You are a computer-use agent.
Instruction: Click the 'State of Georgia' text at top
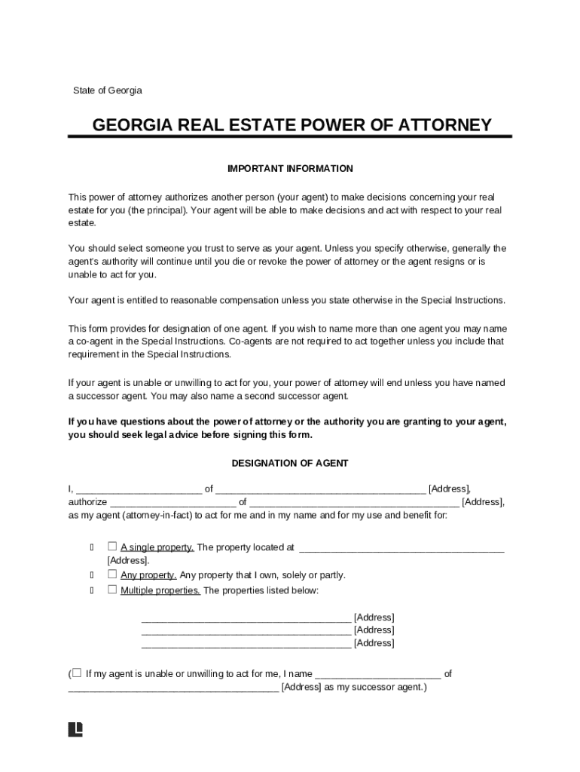tap(107, 90)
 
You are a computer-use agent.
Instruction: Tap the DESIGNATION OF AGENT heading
tap(290, 463)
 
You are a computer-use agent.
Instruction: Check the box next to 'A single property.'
tap(112, 547)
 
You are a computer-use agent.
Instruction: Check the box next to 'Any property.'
tap(112, 574)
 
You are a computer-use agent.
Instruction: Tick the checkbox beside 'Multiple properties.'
tap(112, 590)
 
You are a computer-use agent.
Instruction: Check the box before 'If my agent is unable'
tap(76, 672)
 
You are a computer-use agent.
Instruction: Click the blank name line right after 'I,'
tap(139, 489)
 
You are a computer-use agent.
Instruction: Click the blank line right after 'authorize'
tap(173, 503)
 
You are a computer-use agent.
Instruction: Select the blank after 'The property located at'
tap(401, 548)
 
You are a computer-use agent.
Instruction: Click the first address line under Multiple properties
tap(246, 618)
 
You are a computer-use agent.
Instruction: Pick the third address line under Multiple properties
tap(246, 644)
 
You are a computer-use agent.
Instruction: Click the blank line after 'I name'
tap(377, 675)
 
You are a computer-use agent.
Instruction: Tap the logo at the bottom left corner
tap(75, 729)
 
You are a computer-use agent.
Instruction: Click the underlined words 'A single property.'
tap(157, 547)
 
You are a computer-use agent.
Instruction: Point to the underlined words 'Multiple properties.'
tap(160, 590)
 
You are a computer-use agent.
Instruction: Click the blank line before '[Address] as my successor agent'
tap(173, 688)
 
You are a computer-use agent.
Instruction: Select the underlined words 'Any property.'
tap(148, 574)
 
